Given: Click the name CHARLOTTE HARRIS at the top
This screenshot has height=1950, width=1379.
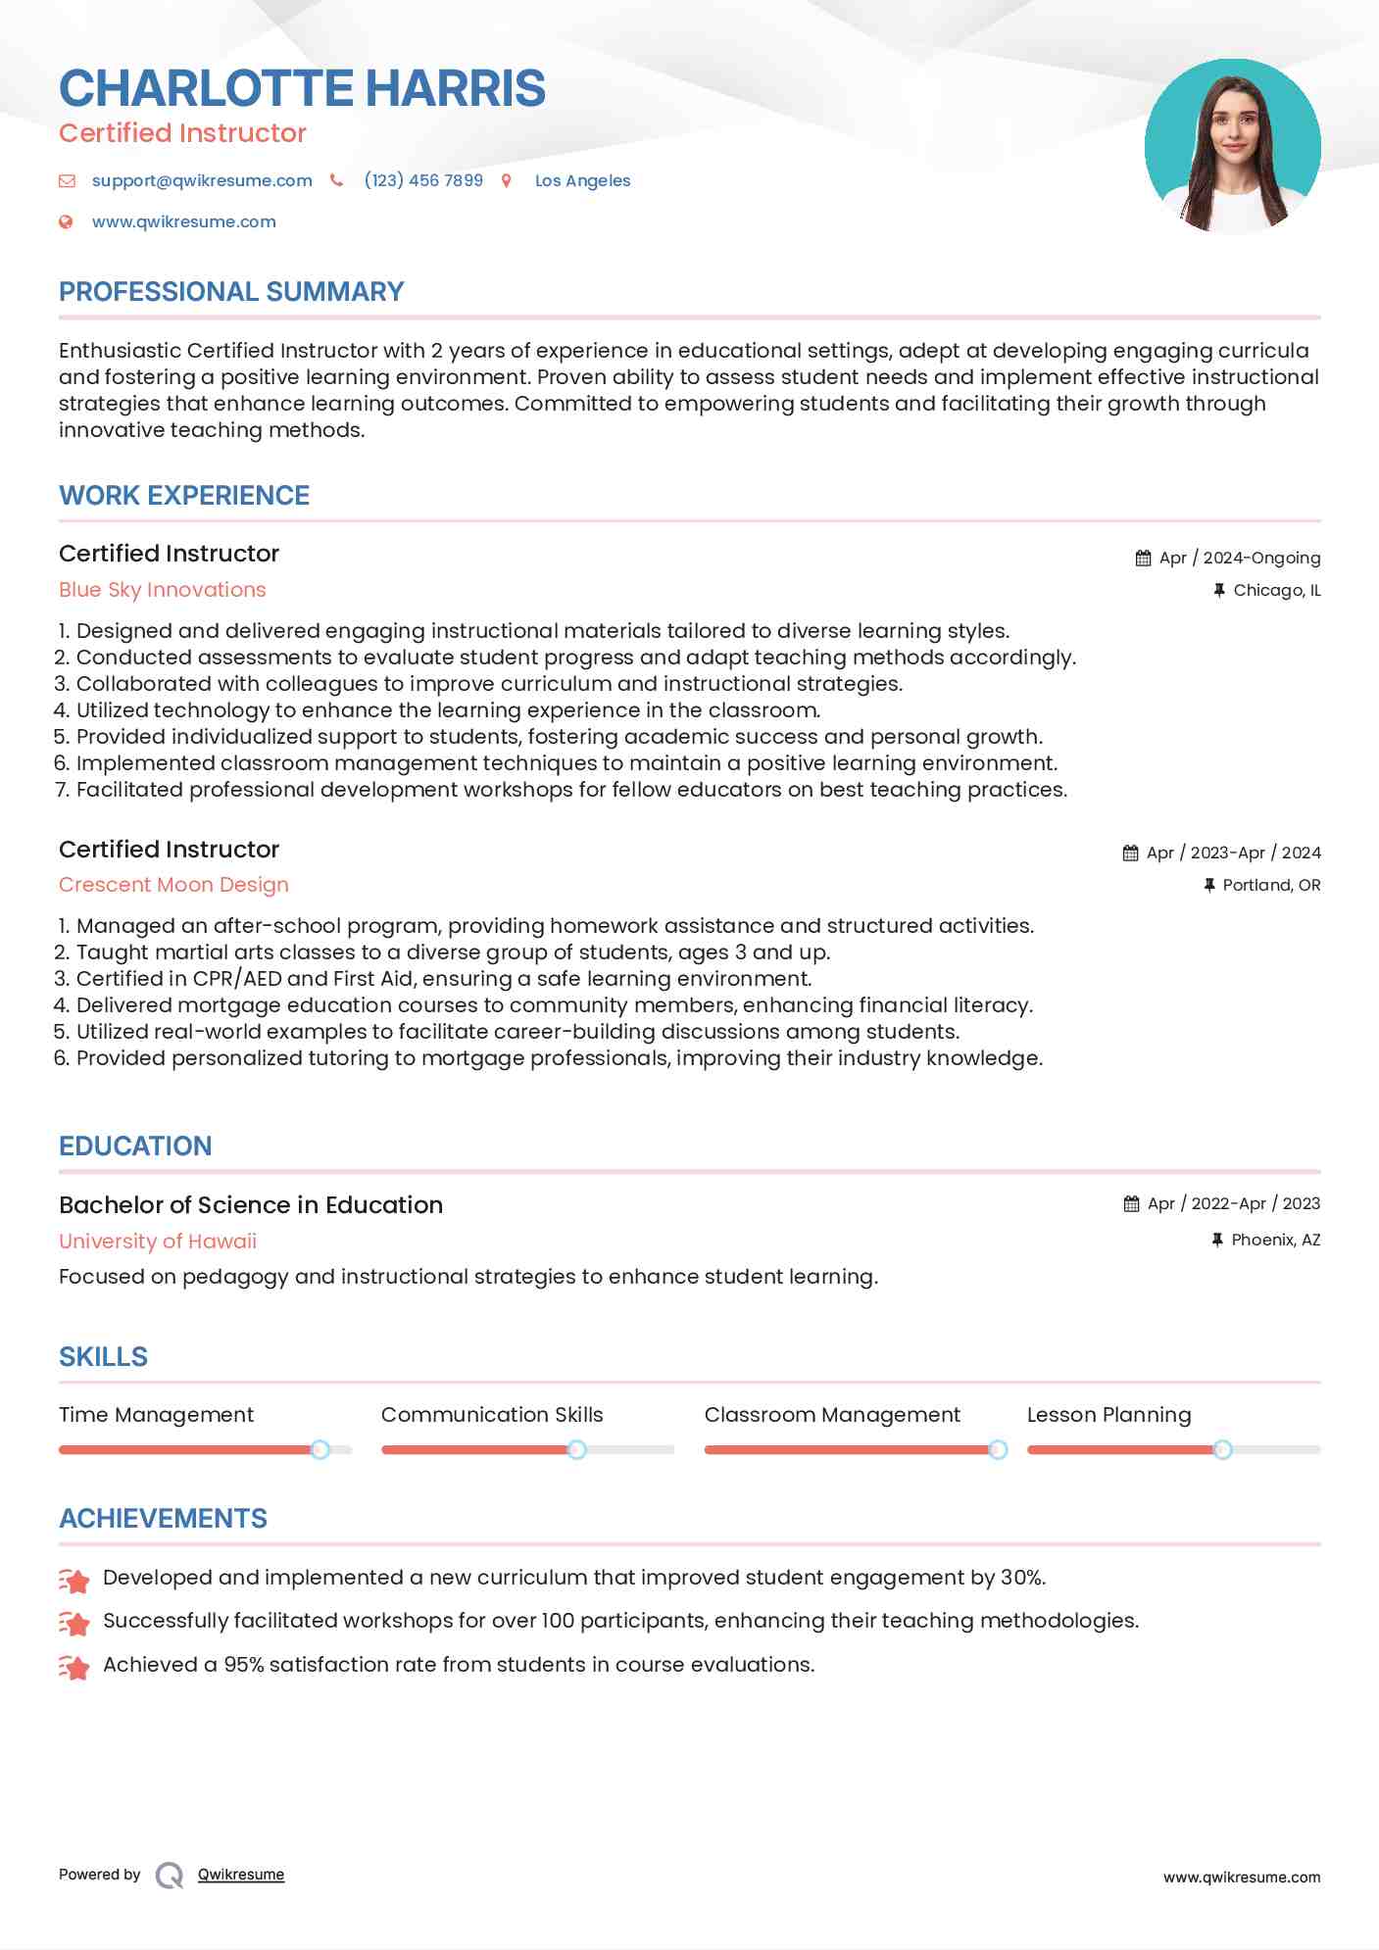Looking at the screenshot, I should (x=302, y=88).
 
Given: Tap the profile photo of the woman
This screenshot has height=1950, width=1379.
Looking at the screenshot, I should (x=1232, y=146).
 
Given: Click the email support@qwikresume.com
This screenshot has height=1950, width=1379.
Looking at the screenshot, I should (x=202, y=180).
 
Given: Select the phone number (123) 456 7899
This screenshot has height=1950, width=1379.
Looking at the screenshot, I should (x=423, y=180).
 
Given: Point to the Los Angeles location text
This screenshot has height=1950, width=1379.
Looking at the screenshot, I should (x=582, y=180).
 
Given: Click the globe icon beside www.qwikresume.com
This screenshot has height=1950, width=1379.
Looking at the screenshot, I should (x=66, y=221).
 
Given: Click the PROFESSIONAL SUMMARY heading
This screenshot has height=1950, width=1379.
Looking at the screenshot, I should (x=231, y=292).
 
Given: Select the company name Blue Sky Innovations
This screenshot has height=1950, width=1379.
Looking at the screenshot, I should (x=163, y=590).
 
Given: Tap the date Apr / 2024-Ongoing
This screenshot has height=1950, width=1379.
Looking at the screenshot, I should (x=1239, y=558).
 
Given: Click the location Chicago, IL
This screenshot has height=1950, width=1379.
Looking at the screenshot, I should (x=1276, y=590).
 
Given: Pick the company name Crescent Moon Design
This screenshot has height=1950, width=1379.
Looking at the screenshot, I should (x=173, y=885).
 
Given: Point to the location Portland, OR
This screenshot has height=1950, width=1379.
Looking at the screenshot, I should (x=1271, y=885).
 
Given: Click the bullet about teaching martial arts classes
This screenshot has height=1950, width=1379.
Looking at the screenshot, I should (x=452, y=952).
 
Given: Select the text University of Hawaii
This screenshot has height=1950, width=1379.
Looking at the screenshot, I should (x=158, y=1242).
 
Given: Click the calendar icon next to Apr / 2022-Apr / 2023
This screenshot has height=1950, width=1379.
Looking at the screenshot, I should (x=1131, y=1203).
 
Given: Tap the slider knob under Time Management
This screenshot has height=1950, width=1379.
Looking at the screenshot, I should (x=320, y=1449).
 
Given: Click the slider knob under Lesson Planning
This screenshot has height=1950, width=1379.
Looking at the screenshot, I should (x=1222, y=1449).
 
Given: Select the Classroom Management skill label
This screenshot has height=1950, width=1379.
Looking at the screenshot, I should (x=832, y=1415).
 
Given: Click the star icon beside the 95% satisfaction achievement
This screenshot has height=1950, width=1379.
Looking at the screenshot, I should (x=74, y=1666).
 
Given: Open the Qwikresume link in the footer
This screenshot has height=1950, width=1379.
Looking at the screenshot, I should (x=241, y=1875).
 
